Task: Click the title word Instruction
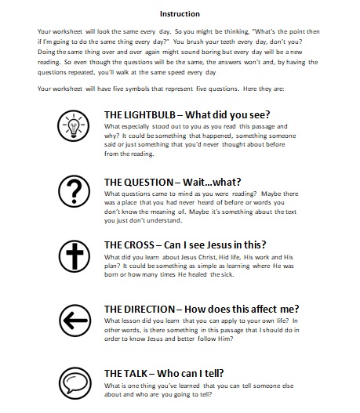coord(180,13)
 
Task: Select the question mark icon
coord(75,190)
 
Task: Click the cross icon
coord(75,255)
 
